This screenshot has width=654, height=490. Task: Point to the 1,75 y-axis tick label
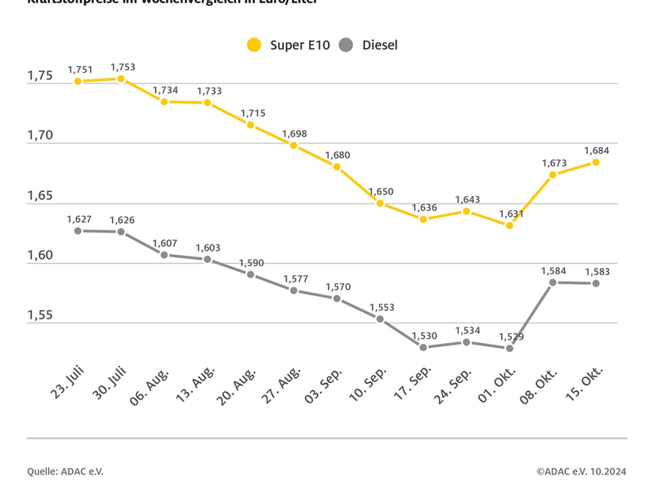[40, 76]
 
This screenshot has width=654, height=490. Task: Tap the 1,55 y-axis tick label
[40, 316]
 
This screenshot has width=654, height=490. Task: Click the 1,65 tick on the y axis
[40, 196]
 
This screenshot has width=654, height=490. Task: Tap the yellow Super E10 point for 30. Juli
[121, 78]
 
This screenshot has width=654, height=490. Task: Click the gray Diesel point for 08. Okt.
[553, 283]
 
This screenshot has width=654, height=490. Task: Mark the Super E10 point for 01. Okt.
[509, 225]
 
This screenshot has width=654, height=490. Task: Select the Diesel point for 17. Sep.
[423, 347]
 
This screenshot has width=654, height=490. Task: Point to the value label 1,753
[124, 67]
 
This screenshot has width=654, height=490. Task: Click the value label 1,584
[554, 270]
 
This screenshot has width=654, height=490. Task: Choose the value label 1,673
[554, 163]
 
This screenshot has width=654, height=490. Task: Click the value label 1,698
[295, 133]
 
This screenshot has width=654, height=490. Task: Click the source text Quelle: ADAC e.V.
[65, 471]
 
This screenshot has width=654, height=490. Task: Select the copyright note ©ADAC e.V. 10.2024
[581, 471]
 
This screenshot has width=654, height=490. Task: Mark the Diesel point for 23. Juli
[78, 231]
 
